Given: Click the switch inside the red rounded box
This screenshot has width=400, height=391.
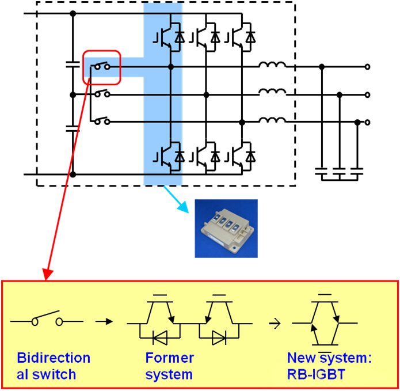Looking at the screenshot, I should (102, 67).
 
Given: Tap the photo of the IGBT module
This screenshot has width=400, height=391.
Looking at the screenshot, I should (226, 228).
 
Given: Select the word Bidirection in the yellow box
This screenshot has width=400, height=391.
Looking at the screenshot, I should (54, 358).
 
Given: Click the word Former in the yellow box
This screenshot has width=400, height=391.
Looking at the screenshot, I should (170, 358).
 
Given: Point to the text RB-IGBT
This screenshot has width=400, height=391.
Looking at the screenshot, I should (316, 374).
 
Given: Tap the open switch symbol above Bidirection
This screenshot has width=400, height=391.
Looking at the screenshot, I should (47, 320).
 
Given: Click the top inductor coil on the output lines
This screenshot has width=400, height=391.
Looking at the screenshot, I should (272, 65).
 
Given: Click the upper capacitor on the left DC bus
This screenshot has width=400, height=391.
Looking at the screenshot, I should (73, 65).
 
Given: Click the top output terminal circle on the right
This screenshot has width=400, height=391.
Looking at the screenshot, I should (368, 67).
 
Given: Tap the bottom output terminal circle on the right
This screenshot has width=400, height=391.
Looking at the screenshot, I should (368, 122).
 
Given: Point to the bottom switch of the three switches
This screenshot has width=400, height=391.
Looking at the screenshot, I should (102, 121).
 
